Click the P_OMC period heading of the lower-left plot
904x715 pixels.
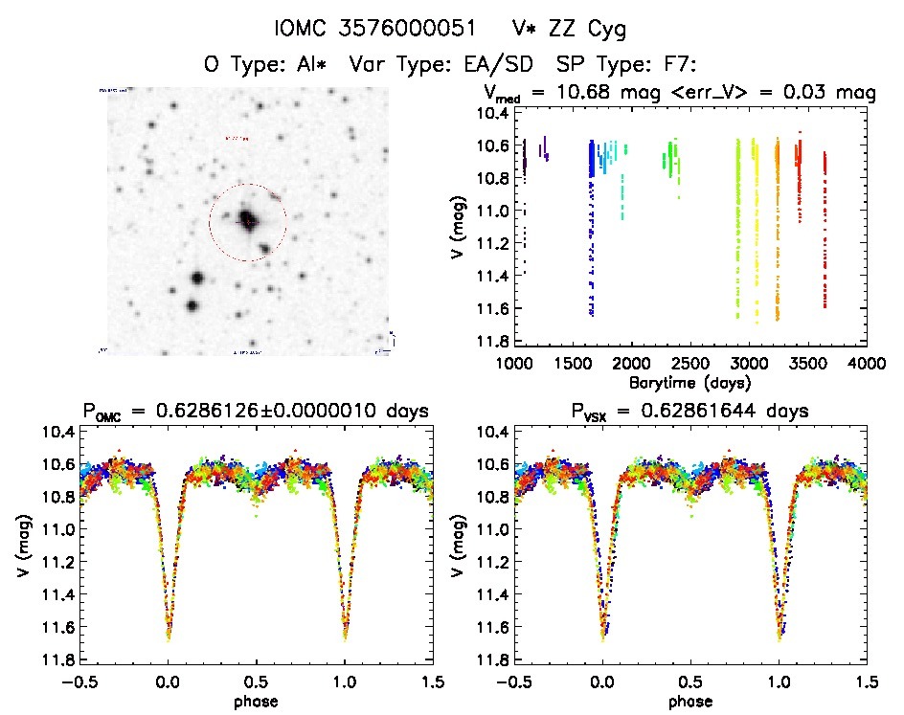(254, 412)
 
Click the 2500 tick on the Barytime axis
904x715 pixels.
(690, 364)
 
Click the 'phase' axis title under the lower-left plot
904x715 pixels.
(256, 702)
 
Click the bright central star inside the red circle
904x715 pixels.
(247, 219)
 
